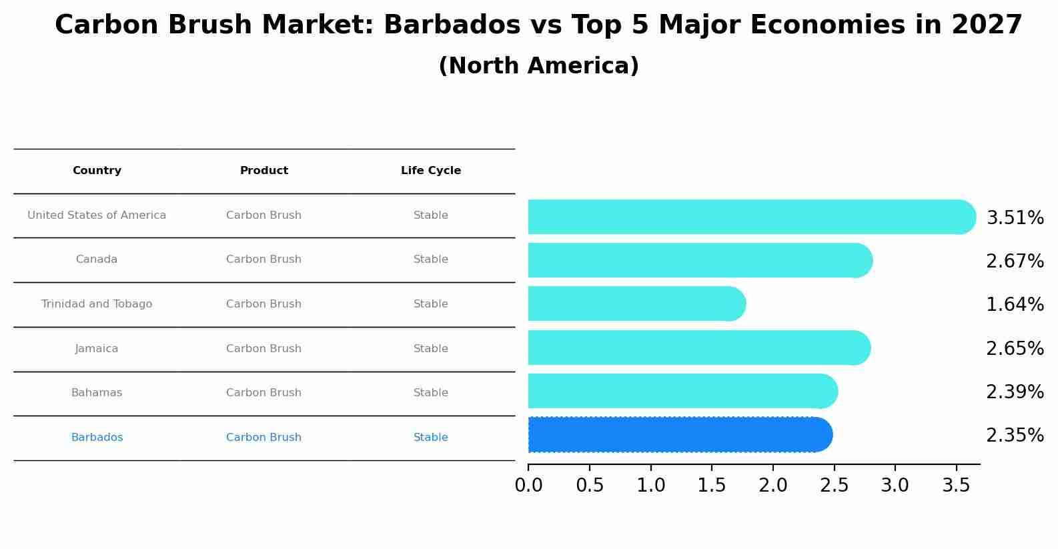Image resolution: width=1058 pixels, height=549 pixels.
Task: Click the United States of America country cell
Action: tap(97, 215)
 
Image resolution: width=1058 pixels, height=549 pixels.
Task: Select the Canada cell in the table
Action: tap(97, 259)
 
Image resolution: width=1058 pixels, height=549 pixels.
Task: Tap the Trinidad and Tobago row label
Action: tap(97, 304)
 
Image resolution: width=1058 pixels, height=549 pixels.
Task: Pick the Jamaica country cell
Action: tap(97, 349)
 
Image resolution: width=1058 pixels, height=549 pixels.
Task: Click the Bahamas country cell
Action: tap(97, 393)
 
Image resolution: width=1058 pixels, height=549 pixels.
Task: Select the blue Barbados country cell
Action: tap(97, 438)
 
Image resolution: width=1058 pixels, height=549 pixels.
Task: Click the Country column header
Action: tap(97, 171)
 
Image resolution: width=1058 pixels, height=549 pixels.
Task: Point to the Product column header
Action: tap(264, 171)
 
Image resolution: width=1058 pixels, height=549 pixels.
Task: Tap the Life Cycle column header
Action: tap(431, 171)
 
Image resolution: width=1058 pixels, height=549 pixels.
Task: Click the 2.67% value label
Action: tap(1015, 261)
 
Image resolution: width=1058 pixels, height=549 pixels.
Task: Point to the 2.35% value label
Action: tap(1015, 436)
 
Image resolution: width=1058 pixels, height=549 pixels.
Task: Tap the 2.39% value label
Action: tap(1015, 392)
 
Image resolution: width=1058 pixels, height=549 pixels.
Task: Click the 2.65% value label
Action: tap(1015, 349)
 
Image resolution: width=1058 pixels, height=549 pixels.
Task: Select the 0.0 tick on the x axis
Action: tap(528, 486)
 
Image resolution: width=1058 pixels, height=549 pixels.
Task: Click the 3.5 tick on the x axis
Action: tap(956, 486)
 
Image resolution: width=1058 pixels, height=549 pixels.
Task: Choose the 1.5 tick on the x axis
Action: tap(712, 486)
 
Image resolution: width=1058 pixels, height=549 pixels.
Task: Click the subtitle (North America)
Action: tap(538, 66)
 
